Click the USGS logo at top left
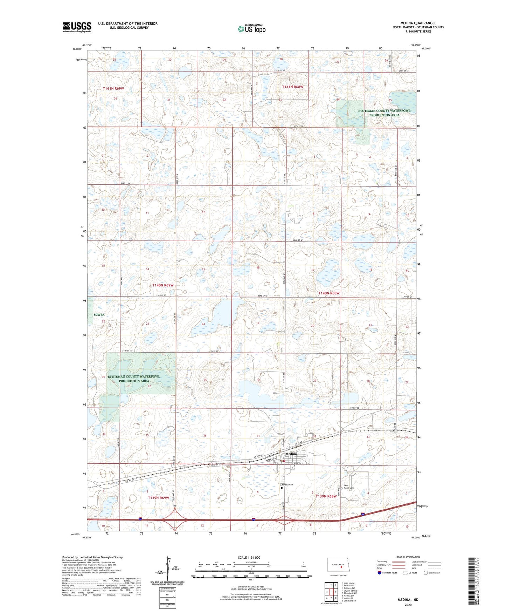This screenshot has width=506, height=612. point(77,27)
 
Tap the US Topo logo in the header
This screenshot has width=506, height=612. point(252,29)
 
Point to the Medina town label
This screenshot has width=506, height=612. point(291,454)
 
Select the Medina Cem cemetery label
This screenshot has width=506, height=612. point(287,485)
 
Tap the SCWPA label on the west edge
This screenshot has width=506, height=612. point(99,315)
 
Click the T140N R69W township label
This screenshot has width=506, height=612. point(162,285)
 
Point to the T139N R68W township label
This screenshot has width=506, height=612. point(326,496)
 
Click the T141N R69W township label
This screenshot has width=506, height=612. point(113,88)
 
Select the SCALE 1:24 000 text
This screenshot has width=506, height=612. point(249,557)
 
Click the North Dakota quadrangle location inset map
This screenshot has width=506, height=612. point(338,565)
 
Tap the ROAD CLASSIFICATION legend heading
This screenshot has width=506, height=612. point(408,557)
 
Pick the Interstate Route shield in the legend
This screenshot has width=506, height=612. point(380,573)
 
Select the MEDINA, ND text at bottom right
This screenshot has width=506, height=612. point(408,600)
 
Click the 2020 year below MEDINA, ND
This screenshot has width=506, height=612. point(408,605)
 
